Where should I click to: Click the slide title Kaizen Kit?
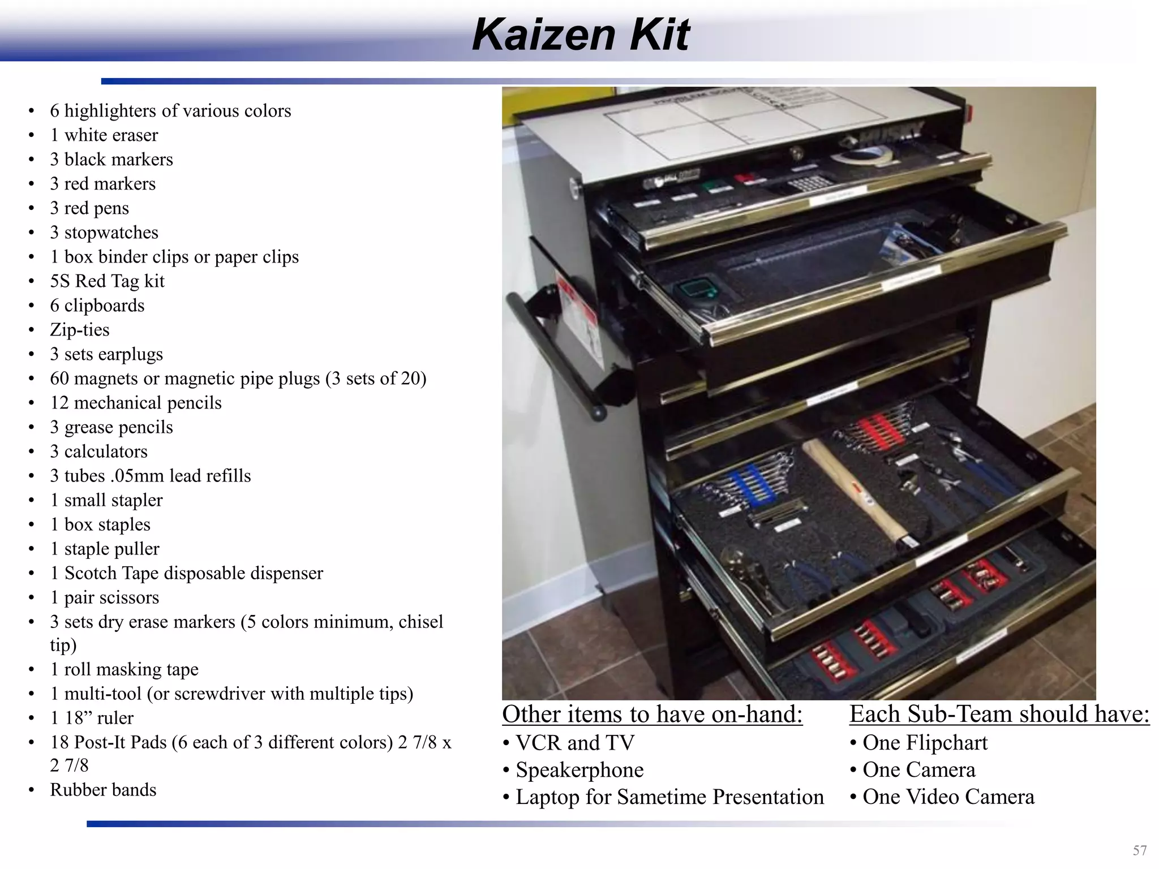(580, 35)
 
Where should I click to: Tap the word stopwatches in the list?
(111, 233)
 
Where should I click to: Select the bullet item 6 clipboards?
(97, 306)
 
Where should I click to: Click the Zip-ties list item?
(79, 330)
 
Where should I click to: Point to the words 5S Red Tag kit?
(107, 281)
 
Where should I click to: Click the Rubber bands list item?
(103, 790)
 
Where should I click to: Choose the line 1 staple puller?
(105, 549)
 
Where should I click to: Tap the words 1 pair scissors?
(105, 597)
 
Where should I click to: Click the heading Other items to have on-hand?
(652, 714)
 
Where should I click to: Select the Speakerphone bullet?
(579, 770)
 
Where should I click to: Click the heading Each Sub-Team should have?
(999, 714)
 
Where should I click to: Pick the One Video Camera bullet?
(948, 797)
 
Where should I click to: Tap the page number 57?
(1140, 850)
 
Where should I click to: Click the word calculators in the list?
(106, 451)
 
